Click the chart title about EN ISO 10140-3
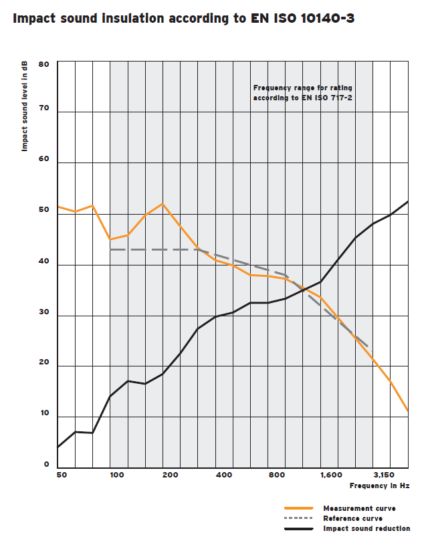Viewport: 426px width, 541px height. [184, 19]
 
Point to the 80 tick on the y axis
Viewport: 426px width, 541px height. [44, 64]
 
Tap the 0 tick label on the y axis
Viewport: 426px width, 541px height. [47, 464]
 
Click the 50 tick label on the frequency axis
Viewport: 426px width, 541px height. [62, 475]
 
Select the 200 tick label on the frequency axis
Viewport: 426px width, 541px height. [170, 475]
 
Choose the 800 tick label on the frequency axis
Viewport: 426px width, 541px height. [277, 475]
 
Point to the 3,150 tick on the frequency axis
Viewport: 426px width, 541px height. [383, 475]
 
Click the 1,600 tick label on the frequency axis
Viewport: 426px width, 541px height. [330, 475]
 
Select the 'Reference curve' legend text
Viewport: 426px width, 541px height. [353, 518]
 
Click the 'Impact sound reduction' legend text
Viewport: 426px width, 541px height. [366, 528]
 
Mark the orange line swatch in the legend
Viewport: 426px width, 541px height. [299, 509]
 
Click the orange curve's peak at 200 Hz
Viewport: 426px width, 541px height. [163, 203]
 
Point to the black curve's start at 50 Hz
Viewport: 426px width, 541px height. [58, 447]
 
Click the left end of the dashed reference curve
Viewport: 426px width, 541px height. [111, 249]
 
